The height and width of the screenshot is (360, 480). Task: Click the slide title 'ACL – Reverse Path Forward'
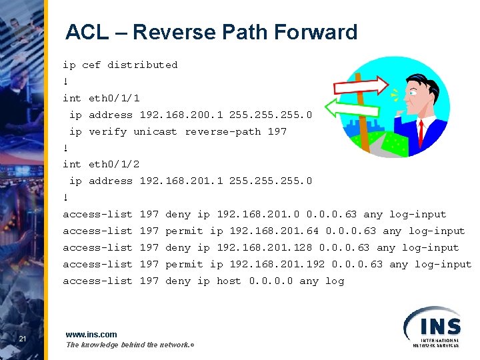[x=211, y=32]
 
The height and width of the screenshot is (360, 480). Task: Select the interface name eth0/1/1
[x=114, y=98]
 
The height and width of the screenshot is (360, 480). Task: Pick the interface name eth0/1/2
[x=114, y=164]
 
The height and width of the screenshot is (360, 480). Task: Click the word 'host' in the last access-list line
[x=229, y=281]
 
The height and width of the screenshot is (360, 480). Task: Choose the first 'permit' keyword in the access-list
[x=184, y=231]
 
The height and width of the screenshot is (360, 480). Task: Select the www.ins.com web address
[x=91, y=334]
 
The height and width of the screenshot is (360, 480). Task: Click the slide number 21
[x=22, y=340]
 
